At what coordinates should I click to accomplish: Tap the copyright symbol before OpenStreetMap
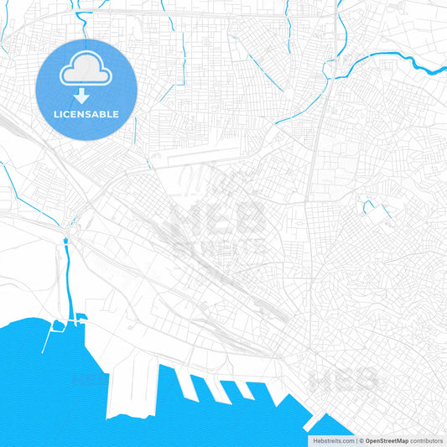361,440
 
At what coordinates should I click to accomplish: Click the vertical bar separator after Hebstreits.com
355,440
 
